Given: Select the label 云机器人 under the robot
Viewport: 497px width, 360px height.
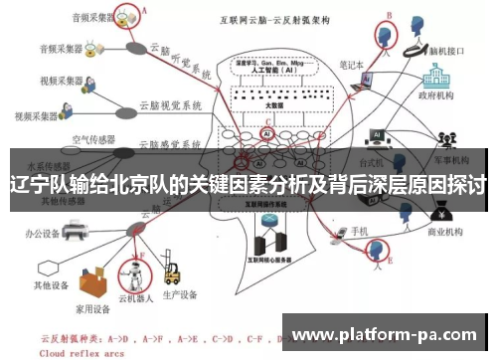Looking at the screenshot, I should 134,297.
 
